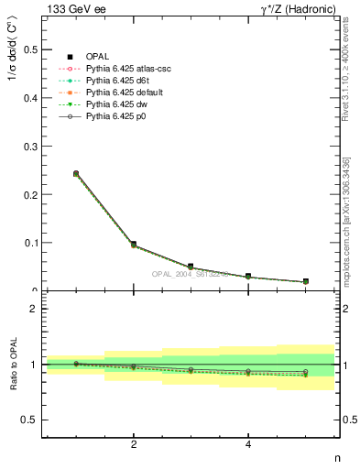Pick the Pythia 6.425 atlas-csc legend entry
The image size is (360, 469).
121,69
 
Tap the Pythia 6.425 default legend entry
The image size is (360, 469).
118,93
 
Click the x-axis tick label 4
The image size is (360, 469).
248,445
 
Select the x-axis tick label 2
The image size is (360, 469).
134,445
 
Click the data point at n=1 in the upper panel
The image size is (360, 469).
76,173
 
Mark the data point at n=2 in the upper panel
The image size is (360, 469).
134,245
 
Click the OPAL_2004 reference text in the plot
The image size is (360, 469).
191,274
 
